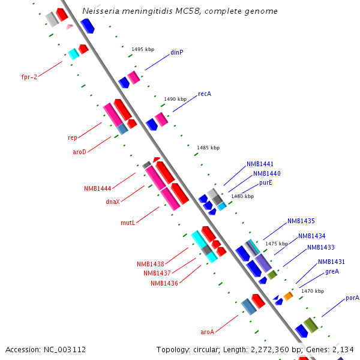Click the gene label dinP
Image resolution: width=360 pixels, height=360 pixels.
click(x=176, y=52)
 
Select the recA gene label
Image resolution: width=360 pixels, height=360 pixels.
click(x=205, y=94)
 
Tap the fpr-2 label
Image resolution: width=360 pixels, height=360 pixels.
click(x=29, y=77)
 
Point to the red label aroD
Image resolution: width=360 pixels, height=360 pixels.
click(x=80, y=152)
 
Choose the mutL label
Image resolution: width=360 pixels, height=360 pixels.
click(x=128, y=223)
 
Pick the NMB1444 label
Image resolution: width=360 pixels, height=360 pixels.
click(x=98, y=188)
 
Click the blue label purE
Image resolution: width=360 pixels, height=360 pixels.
click(x=266, y=182)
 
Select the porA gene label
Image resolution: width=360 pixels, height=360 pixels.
click(x=352, y=298)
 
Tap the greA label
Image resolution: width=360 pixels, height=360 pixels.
click(x=332, y=271)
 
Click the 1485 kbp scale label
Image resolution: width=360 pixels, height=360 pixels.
click(x=208, y=148)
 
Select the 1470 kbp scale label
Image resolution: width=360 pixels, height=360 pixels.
click(x=313, y=291)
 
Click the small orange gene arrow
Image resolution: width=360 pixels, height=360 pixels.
click(x=289, y=296)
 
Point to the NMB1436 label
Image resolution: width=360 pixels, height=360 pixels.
click(x=164, y=283)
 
